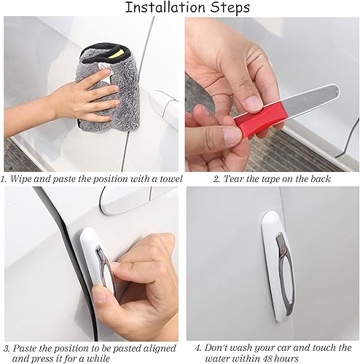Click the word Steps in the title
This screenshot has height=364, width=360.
227,8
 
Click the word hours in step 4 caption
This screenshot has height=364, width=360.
314,357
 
